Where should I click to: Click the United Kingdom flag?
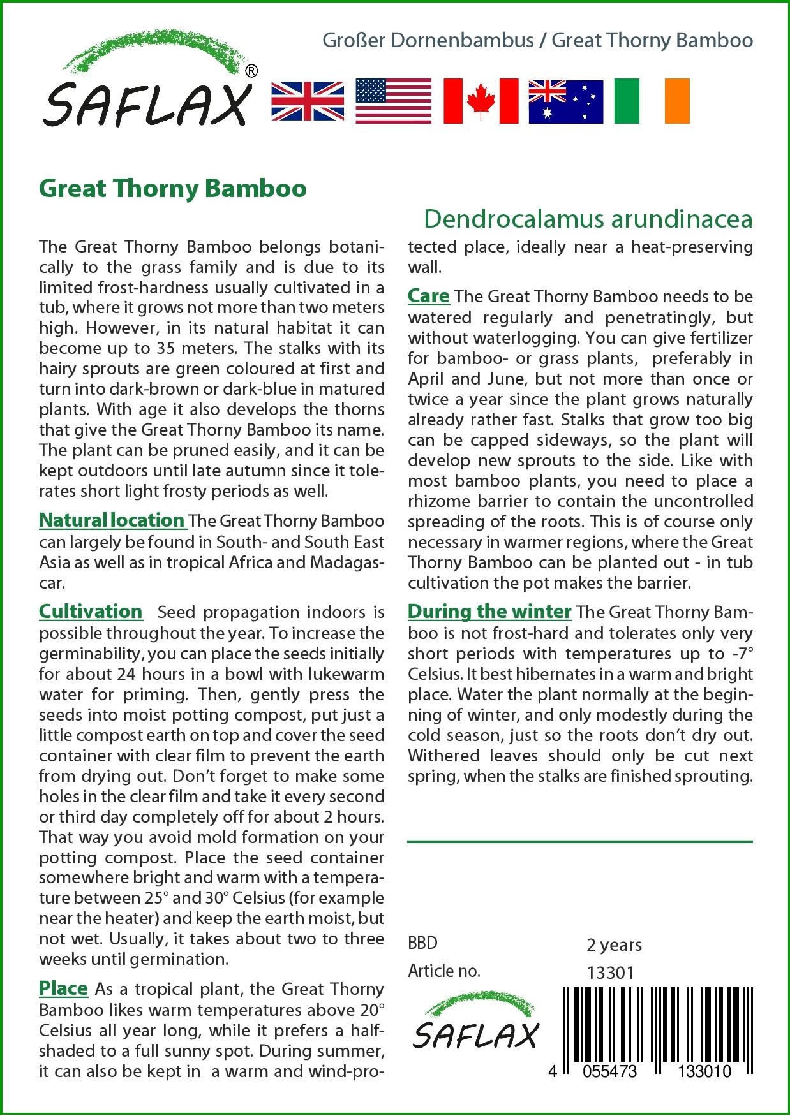[x=308, y=101]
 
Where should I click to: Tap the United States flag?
[x=393, y=101]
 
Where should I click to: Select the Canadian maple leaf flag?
[x=481, y=101]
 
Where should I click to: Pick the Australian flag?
[x=565, y=101]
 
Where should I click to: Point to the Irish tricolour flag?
[x=652, y=101]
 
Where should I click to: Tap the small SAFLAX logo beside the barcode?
[x=476, y=1027]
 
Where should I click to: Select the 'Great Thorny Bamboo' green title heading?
[x=173, y=189]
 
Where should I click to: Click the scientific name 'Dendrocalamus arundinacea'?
[x=588, y=219]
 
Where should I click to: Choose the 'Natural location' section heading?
[x=112, y=520]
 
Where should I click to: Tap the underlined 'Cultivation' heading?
[x=91, y=612]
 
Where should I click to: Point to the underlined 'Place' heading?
[x=63, y=988]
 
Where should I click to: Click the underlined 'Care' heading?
[x=429, y=297]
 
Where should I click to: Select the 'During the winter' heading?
[x=489, y=612]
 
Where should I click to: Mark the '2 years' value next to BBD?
[x=614, y=944]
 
